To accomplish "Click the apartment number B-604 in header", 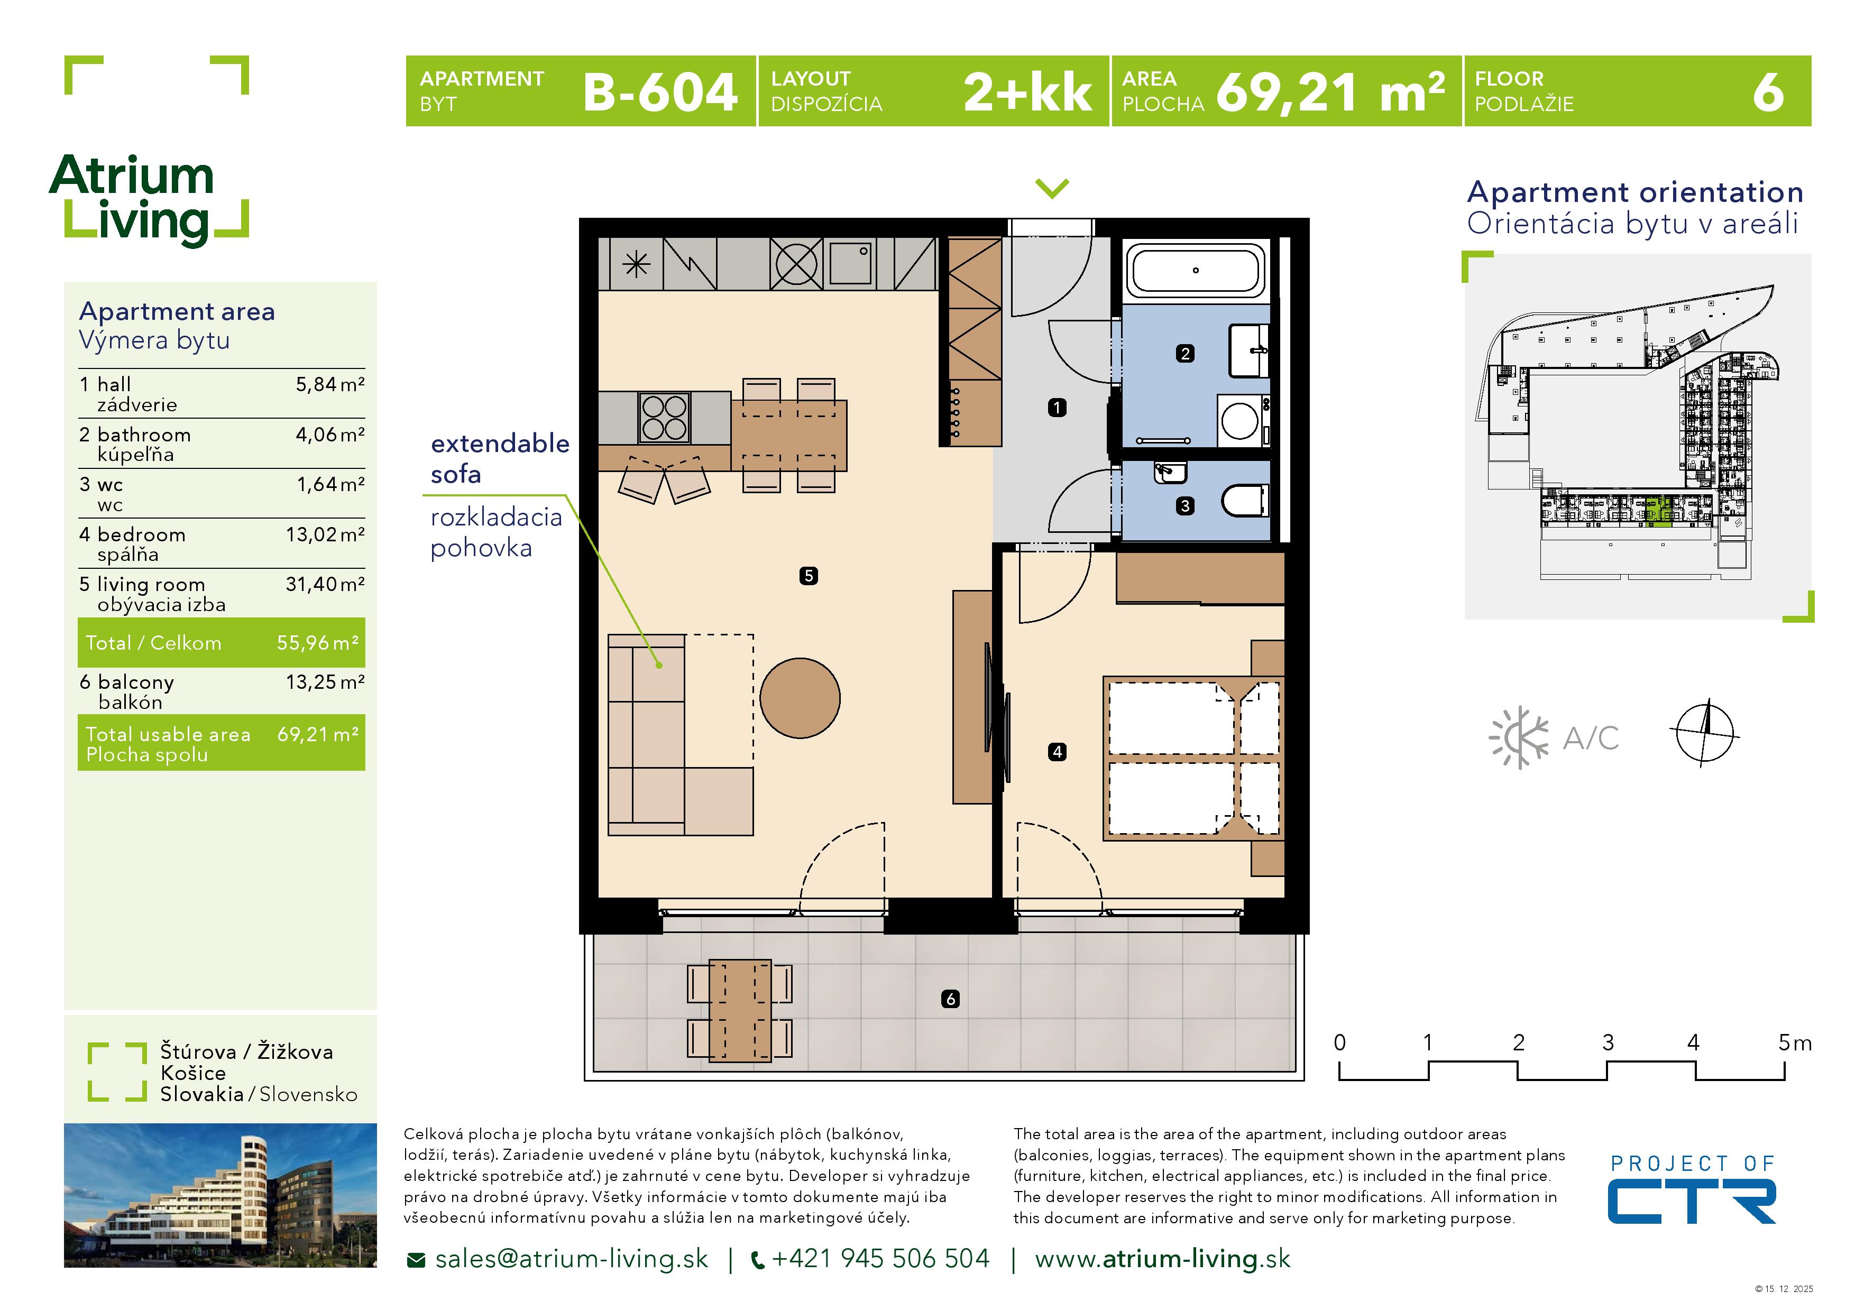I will tap(659, 92).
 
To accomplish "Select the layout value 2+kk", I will tap(1027, 92).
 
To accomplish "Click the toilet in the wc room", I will tap(1244, 500).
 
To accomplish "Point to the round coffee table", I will tap(800, 698).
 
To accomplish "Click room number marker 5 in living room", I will tap(808, 576).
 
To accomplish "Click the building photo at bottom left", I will tap(220, 1195).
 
